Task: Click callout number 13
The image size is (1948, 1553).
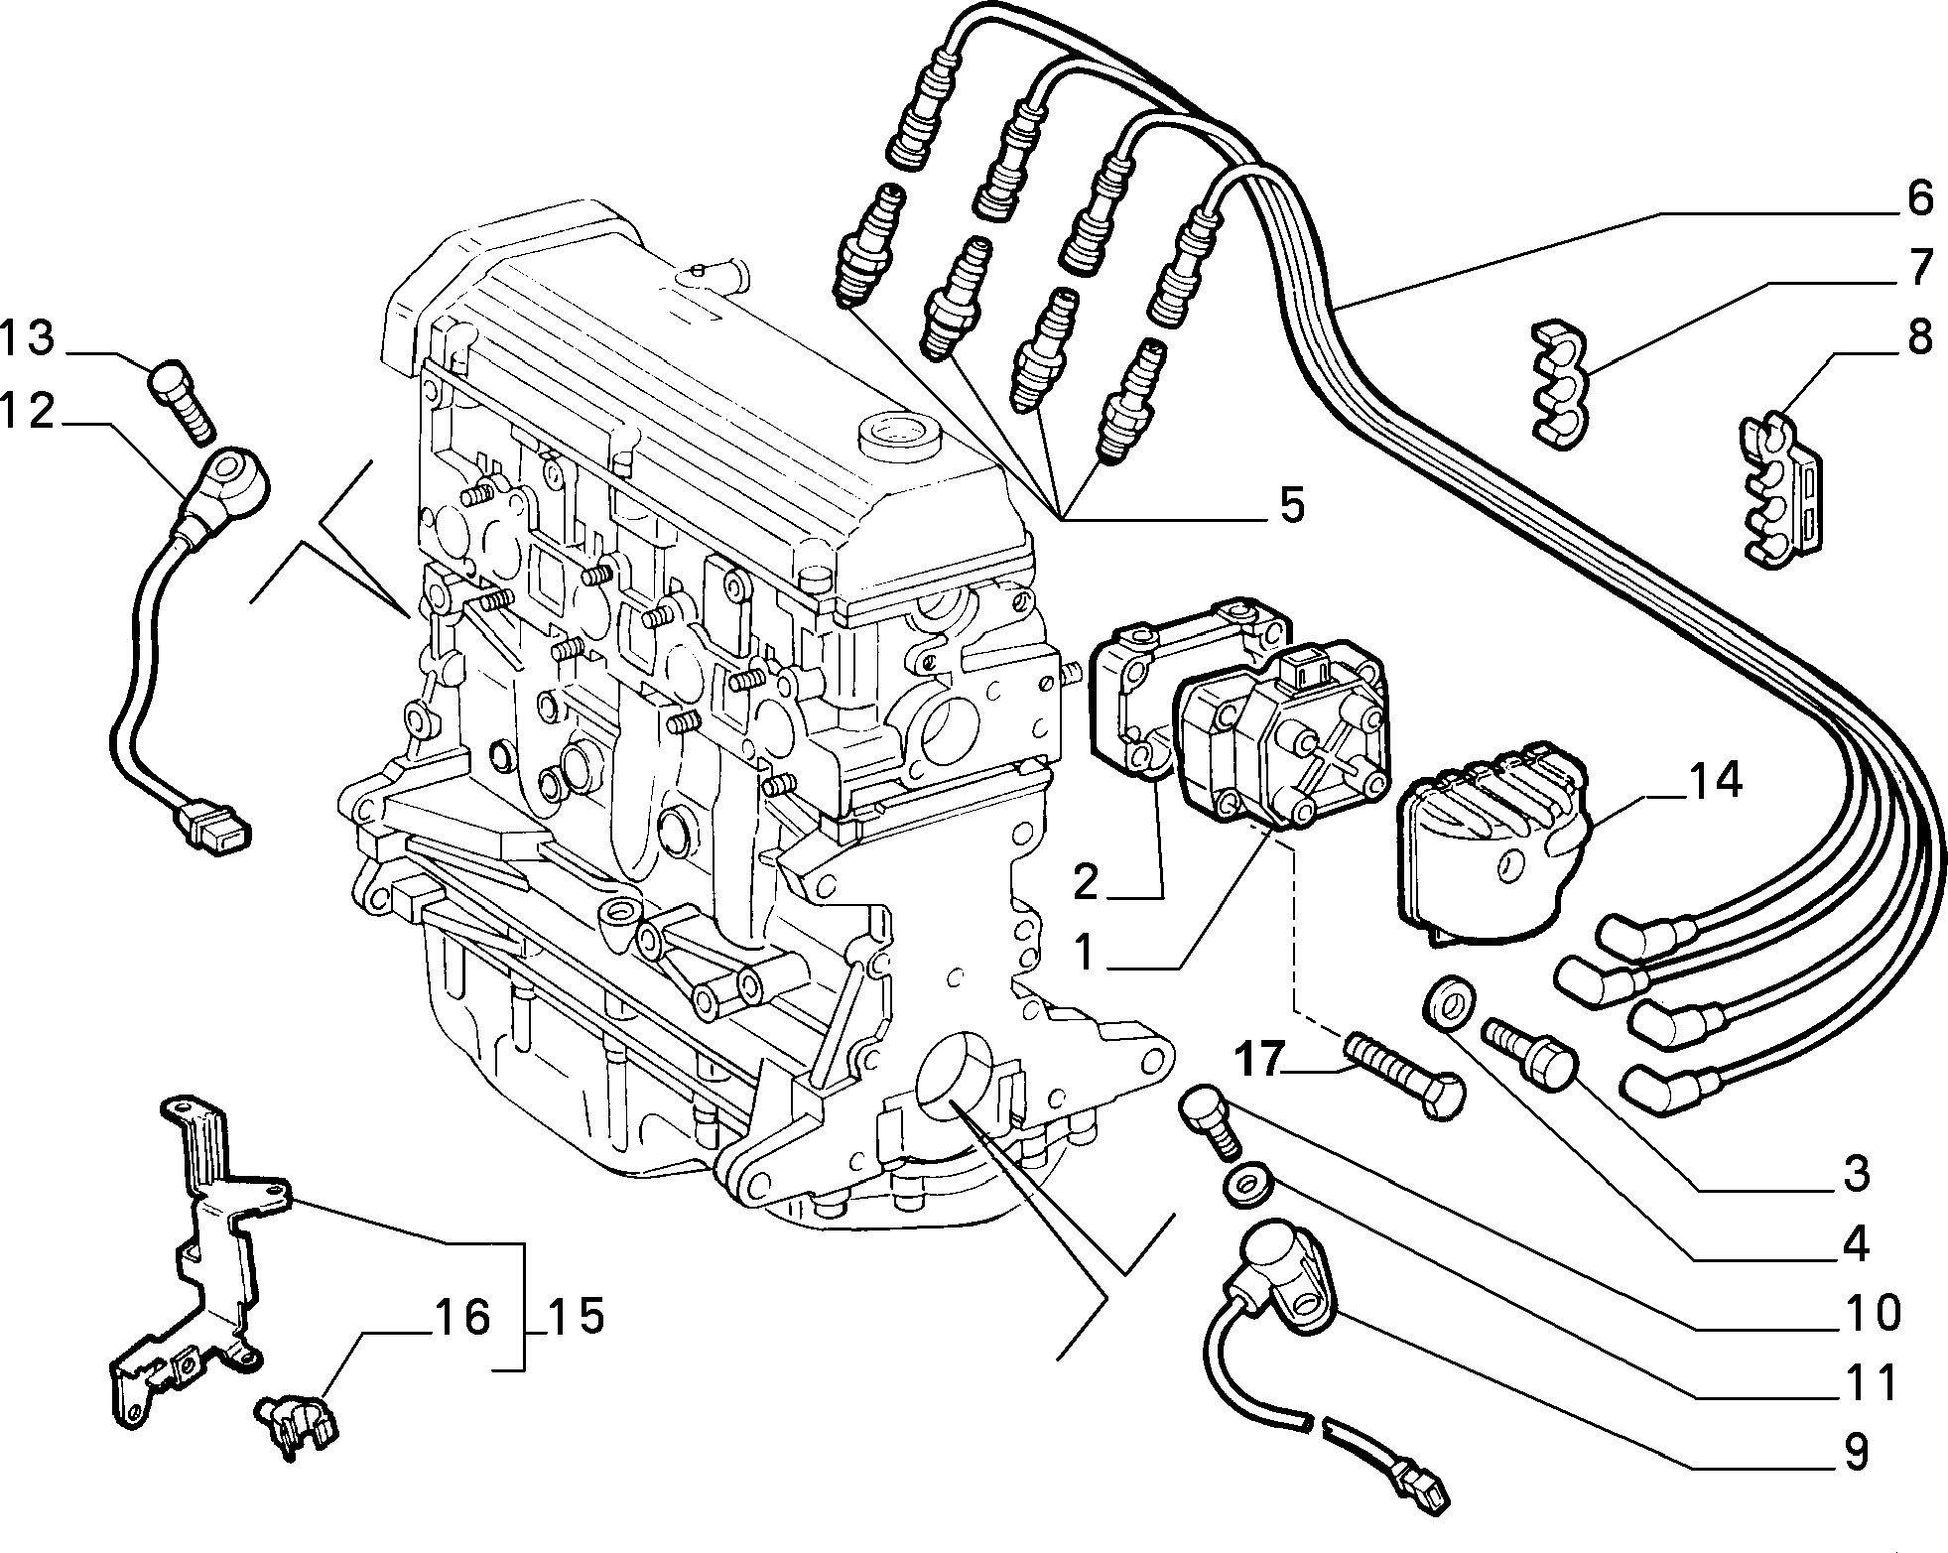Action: (x=27, y=338)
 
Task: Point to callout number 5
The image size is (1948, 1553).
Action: (x=1291, y=505)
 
